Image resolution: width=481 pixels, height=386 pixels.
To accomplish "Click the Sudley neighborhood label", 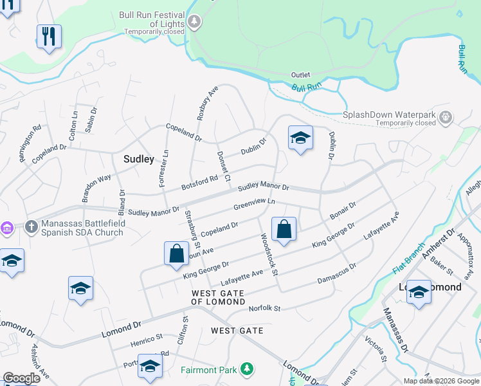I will (138, 158).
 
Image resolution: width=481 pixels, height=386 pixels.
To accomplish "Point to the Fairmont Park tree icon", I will (245, 369).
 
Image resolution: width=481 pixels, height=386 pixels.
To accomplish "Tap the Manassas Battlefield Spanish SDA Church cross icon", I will (31, 226).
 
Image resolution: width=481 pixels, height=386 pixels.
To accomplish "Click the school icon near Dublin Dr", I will (300, 138).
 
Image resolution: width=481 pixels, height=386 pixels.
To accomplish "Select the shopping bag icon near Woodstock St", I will (284, 229).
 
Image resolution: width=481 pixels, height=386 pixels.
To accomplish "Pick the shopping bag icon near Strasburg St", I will (176, 253).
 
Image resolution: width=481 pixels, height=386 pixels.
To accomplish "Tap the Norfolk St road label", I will (265, 309).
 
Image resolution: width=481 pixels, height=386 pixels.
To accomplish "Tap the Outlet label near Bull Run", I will (301, 75).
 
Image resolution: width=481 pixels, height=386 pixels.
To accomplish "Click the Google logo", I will (21, 378).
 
